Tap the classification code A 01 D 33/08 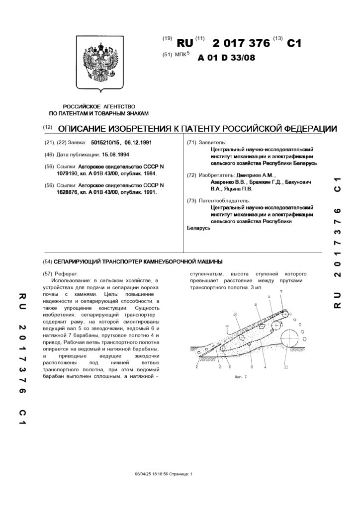point(226,57)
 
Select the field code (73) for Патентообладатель point(190,200)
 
